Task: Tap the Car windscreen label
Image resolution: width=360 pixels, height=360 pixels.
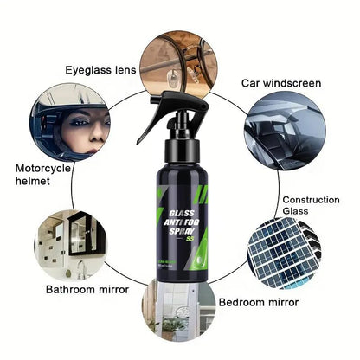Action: coord(281,84)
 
